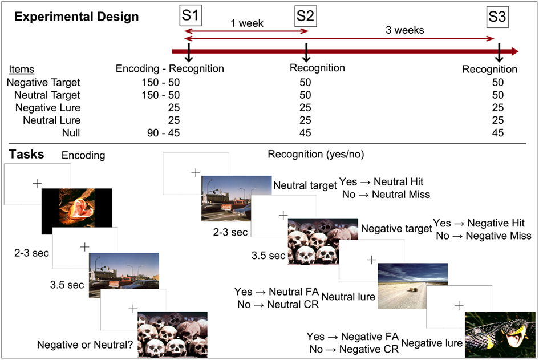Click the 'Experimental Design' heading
tap(76, 17)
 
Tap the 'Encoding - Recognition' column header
tap(169, 69)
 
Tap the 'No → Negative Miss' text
tap(483, 236)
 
